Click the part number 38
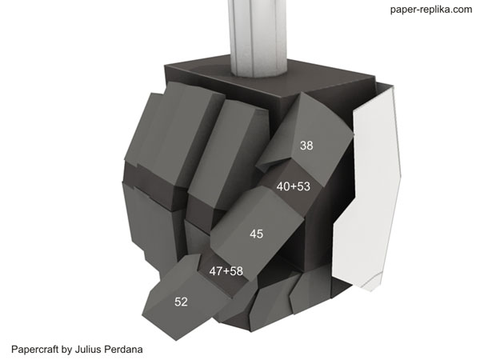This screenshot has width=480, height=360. [x=306, y=146]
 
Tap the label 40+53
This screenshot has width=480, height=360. [x=294, y=186]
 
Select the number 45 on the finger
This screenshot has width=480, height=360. [x=256, y=234]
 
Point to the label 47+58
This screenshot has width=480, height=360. [x=226, y=271]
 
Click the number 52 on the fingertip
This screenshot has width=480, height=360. [x=181, y=302]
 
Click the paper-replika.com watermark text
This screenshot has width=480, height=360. [x=431, y=10]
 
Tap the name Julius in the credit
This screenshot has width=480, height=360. [x=88, y=350]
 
